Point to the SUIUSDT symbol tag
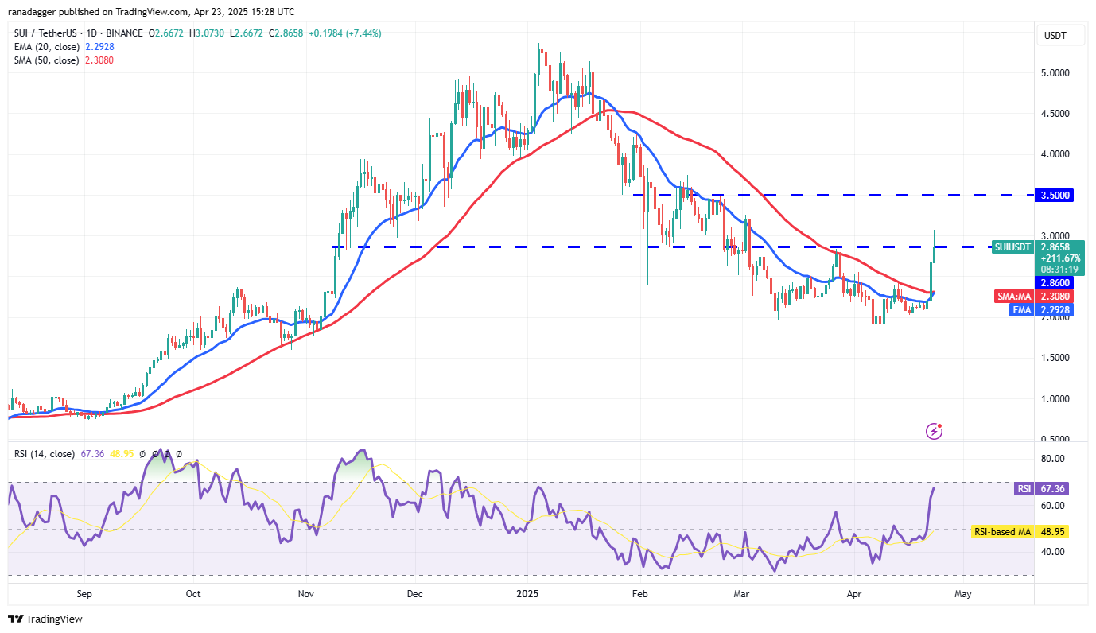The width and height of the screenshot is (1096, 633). click(1013, 247)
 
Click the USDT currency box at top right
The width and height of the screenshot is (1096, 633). click(1055, 36)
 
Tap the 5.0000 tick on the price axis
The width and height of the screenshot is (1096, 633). click(1055, 72)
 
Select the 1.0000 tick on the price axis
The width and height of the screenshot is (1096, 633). click(1055, 398)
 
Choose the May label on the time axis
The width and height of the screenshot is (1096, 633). click(963, 593)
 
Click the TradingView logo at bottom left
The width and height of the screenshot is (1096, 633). click(45, 619)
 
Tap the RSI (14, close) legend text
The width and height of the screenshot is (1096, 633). click(44, 454)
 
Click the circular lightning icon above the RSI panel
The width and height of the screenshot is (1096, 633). click(935, 431)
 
